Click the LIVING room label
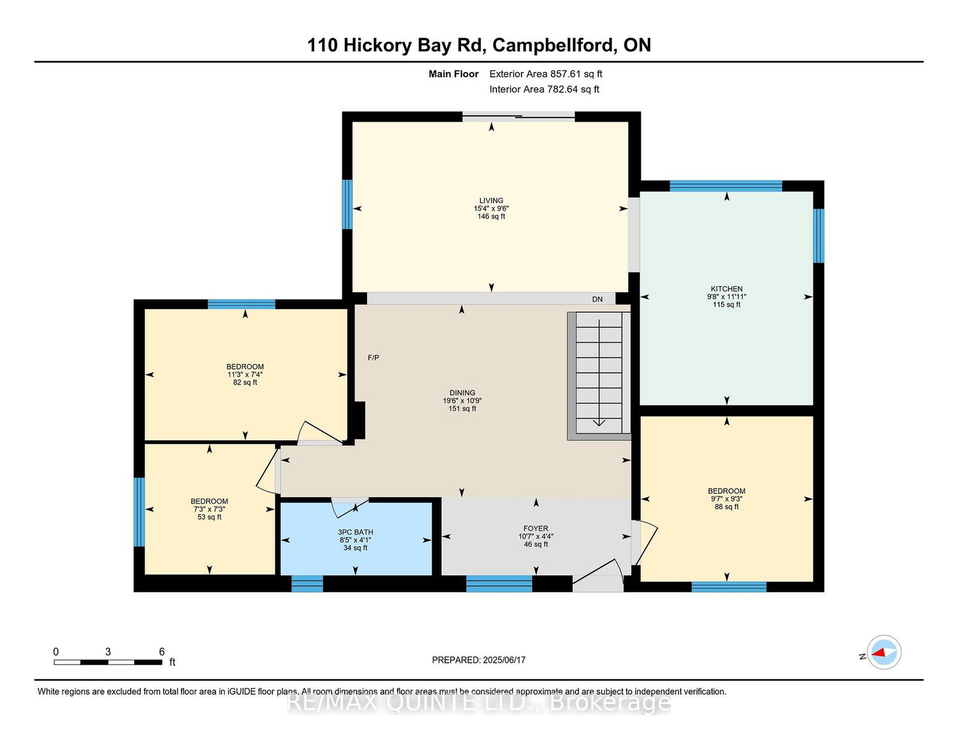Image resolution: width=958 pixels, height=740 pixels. pyautogui.click(x=491, y=200)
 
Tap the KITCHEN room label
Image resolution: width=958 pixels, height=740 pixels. pyautogui.click(x=726, y=289)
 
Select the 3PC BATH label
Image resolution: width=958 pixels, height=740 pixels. pyautogui.click(x=355, y=532)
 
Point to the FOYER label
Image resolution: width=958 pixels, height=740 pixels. pyautogui.click(x=536, y=528)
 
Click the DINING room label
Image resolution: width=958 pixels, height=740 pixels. pyautogui.click(x=462, y=392)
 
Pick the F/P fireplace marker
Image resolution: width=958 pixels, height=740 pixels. pyautogui.click(x=373, y=358)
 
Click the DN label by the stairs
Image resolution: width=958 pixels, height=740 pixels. pyautogui.click(x=598, y=299)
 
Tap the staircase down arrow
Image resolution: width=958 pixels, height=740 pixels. pyautogui.click(x=599, y=373)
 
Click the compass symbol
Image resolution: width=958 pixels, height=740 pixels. pyautogui.click(x=884, y=652)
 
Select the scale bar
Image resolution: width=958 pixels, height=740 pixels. pyautogui.click(x=108, y=662)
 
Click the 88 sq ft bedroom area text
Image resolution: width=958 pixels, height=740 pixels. pyautogui.click(x=726, y=507)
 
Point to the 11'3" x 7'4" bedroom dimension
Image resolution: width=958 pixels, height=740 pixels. pyautogui.click(x=245, y=374)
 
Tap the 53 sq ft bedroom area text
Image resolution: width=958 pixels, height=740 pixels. pyautogui.click(x=210, y=517)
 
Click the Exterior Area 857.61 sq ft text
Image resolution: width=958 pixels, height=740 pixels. pyautogui.click(x=546, y=74)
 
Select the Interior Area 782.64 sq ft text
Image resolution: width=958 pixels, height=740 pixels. pyautogui.click(x=544, y=89)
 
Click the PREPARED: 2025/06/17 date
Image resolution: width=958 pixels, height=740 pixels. pyautogui.click(x=479, y=660)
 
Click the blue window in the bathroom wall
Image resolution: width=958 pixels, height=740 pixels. pyautogui.click(x=307, y=584)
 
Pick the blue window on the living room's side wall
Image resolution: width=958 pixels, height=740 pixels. pyautogui.click(x=347, y=204)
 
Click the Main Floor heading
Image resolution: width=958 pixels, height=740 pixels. pyautogui.click(x=454, y=74)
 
